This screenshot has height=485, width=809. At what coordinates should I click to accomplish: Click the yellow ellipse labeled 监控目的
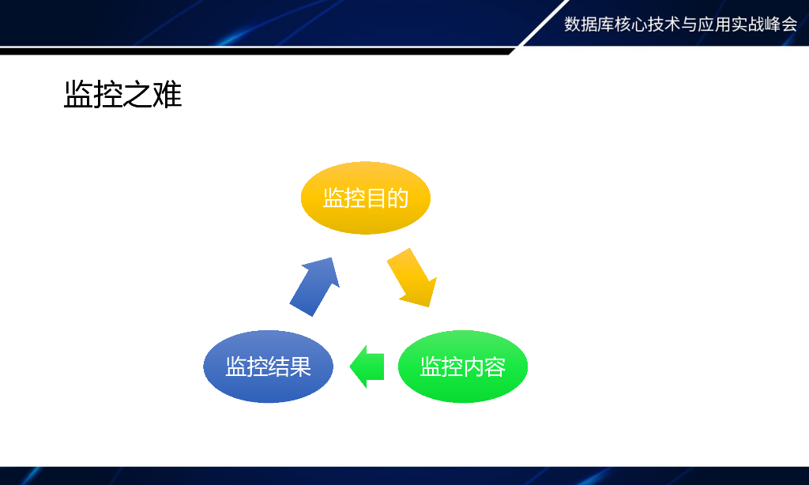pos(365,197)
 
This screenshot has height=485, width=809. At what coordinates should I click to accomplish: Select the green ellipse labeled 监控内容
pos(462,367)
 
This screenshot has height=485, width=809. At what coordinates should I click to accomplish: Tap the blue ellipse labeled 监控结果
pos(268,367)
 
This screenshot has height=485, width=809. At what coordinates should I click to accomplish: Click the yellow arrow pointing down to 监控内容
pos(412,278)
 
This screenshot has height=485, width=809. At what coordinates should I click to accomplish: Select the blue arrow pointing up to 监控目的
pos(315,286)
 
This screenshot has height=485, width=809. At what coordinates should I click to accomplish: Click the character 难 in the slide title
pos(167,95)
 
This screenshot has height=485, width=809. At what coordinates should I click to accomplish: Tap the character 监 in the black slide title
pos(78,95)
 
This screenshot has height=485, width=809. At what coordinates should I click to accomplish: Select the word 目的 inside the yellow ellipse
pos(387,198)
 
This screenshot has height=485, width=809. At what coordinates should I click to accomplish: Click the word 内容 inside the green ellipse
pos(484,367)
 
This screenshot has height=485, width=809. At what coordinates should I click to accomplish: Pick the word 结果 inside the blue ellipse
pos(290,367)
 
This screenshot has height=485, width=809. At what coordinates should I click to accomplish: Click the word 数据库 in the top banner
pos(589,24)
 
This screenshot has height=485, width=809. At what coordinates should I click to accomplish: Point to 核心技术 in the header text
pos(648,24)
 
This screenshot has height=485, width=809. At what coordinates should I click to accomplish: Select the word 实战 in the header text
pos(747,24)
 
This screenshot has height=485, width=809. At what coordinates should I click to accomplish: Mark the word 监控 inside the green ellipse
pos(441,367)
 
